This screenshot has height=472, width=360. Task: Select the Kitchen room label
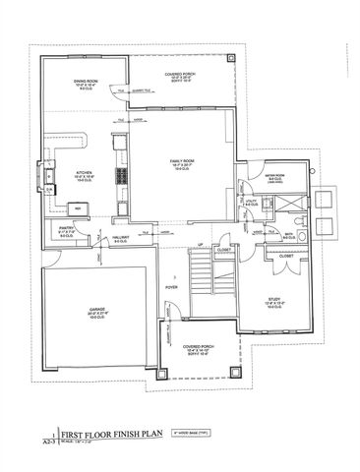click(85, 176)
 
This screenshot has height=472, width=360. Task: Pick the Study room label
click(274, 304)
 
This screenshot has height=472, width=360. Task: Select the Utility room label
click(252, 201)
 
